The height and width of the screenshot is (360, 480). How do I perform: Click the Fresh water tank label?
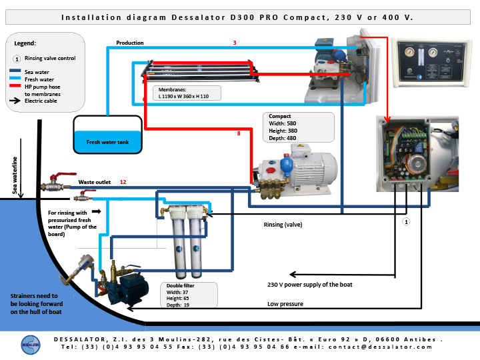pos(107,142)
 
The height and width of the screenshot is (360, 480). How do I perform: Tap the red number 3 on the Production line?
pos(235,43)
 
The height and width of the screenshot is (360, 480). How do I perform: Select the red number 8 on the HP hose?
pos(239,133)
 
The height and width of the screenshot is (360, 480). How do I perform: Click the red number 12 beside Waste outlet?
pos(123,182)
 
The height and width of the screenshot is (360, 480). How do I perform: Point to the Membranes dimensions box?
pos(187,93)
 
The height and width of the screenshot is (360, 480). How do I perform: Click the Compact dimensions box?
pos(299,127)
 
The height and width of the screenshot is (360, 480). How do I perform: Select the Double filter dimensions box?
pos(189,295)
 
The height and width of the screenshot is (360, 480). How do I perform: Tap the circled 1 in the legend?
pos(17,59)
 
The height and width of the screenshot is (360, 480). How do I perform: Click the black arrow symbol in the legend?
pos(15,101)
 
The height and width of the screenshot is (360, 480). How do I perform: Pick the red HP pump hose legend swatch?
pos(15,86)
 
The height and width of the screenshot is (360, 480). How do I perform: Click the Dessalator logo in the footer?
pos(31,345)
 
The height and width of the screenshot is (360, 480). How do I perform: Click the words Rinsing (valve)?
pos(283,225)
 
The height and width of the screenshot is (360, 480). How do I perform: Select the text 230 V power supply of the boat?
pos(310,285)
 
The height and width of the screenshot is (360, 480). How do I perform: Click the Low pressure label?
pos(285,304)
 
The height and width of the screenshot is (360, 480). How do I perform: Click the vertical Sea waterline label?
pos(15,175)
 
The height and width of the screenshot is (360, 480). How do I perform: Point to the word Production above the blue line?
pos(130,43)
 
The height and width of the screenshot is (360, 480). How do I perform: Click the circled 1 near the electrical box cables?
pos(406,221)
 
